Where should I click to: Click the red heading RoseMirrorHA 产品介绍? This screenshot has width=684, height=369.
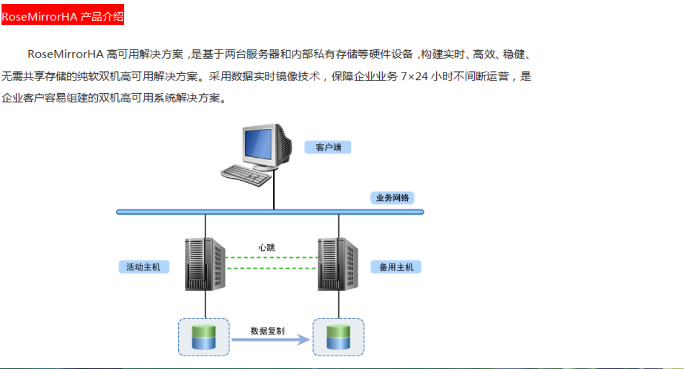coord(62,16)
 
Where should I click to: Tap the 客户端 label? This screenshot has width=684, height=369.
coord(328,147)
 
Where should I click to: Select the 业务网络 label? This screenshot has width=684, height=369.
coord(392,198)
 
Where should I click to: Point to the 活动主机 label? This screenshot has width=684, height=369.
coord(143,267)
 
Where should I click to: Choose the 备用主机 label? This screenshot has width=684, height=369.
coord(396,267)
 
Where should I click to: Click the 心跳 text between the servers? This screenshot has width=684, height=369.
coord(266,248)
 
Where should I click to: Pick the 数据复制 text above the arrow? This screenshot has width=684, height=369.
coord(267,331)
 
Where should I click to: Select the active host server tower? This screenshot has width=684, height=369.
coord(205,264)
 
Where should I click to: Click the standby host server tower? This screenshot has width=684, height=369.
coord(338,264)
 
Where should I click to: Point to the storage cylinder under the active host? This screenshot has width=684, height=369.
coord(203,337)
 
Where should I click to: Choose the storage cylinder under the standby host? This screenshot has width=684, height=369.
coord(338,337)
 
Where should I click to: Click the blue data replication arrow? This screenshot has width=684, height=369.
coord(270,340)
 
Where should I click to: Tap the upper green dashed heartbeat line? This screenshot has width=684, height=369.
coord(271,257)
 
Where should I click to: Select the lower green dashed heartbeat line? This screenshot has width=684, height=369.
coord(271,268)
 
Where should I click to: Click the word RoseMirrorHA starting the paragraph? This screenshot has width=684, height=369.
coord(65,55)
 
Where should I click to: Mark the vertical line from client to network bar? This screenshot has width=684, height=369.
coord(274,193)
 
